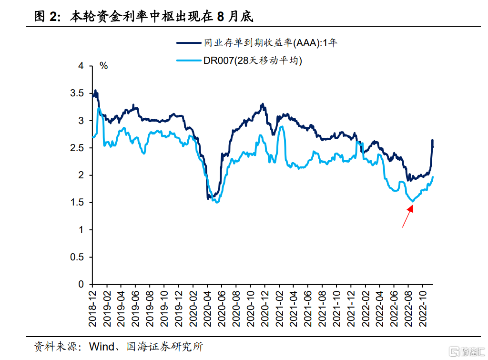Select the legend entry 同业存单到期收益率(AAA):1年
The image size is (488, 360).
(270, 43)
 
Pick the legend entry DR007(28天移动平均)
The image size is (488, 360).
(253, 61)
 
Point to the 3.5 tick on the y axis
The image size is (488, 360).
(76, 93)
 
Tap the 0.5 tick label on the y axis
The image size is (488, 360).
(76, 257)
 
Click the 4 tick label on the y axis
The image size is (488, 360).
(81, 66)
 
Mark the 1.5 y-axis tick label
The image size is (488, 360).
(76, 203)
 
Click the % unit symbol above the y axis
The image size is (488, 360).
(103, 66)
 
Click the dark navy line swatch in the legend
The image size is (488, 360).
(188, 43)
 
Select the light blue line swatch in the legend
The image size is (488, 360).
(188, 61)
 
